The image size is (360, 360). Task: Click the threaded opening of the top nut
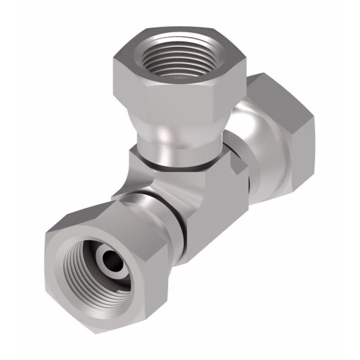[x=172, y=58]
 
